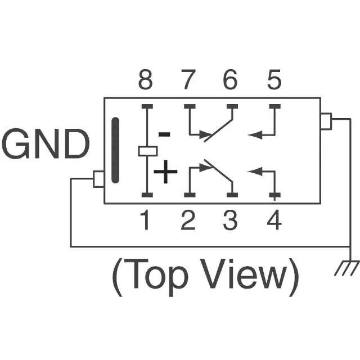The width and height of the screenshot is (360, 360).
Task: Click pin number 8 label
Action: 145,82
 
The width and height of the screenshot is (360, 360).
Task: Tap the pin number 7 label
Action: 188,82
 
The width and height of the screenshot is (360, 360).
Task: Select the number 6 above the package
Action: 230,82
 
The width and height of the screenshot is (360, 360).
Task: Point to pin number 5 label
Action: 274,82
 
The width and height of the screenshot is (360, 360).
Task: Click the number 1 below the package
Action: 145,220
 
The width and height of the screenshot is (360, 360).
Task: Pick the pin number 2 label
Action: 188,220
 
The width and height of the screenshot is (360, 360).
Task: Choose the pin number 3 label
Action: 230,220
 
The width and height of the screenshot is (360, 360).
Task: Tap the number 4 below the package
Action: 274,220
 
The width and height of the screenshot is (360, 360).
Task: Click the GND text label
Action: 47,145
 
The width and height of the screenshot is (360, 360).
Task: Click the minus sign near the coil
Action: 164,134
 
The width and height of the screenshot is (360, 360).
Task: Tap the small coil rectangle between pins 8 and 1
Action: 147,151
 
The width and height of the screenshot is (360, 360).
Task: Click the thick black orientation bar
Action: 115,150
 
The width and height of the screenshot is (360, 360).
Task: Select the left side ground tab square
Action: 98,179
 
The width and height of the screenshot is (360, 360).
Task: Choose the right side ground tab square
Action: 326,121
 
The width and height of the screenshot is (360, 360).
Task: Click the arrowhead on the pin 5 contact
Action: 253,135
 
